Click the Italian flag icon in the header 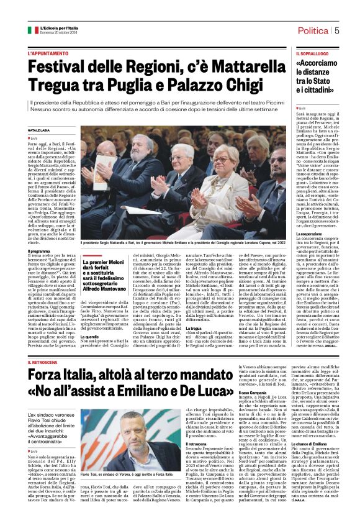coord(33,30)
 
